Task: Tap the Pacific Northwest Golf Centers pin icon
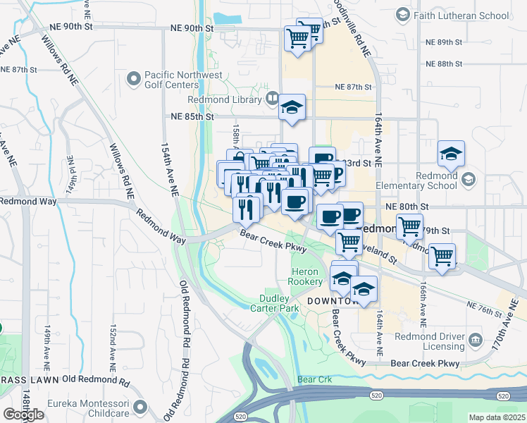pos(133,80)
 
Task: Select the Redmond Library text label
pos(232,100)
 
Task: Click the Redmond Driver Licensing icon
pos(476,341)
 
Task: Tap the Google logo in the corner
pos(23,415)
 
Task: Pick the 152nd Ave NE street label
pos(113,348)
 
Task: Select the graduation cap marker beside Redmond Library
pos(291,108)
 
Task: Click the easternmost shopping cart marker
pos(442,256)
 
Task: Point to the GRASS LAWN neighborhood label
pos(28,379)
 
